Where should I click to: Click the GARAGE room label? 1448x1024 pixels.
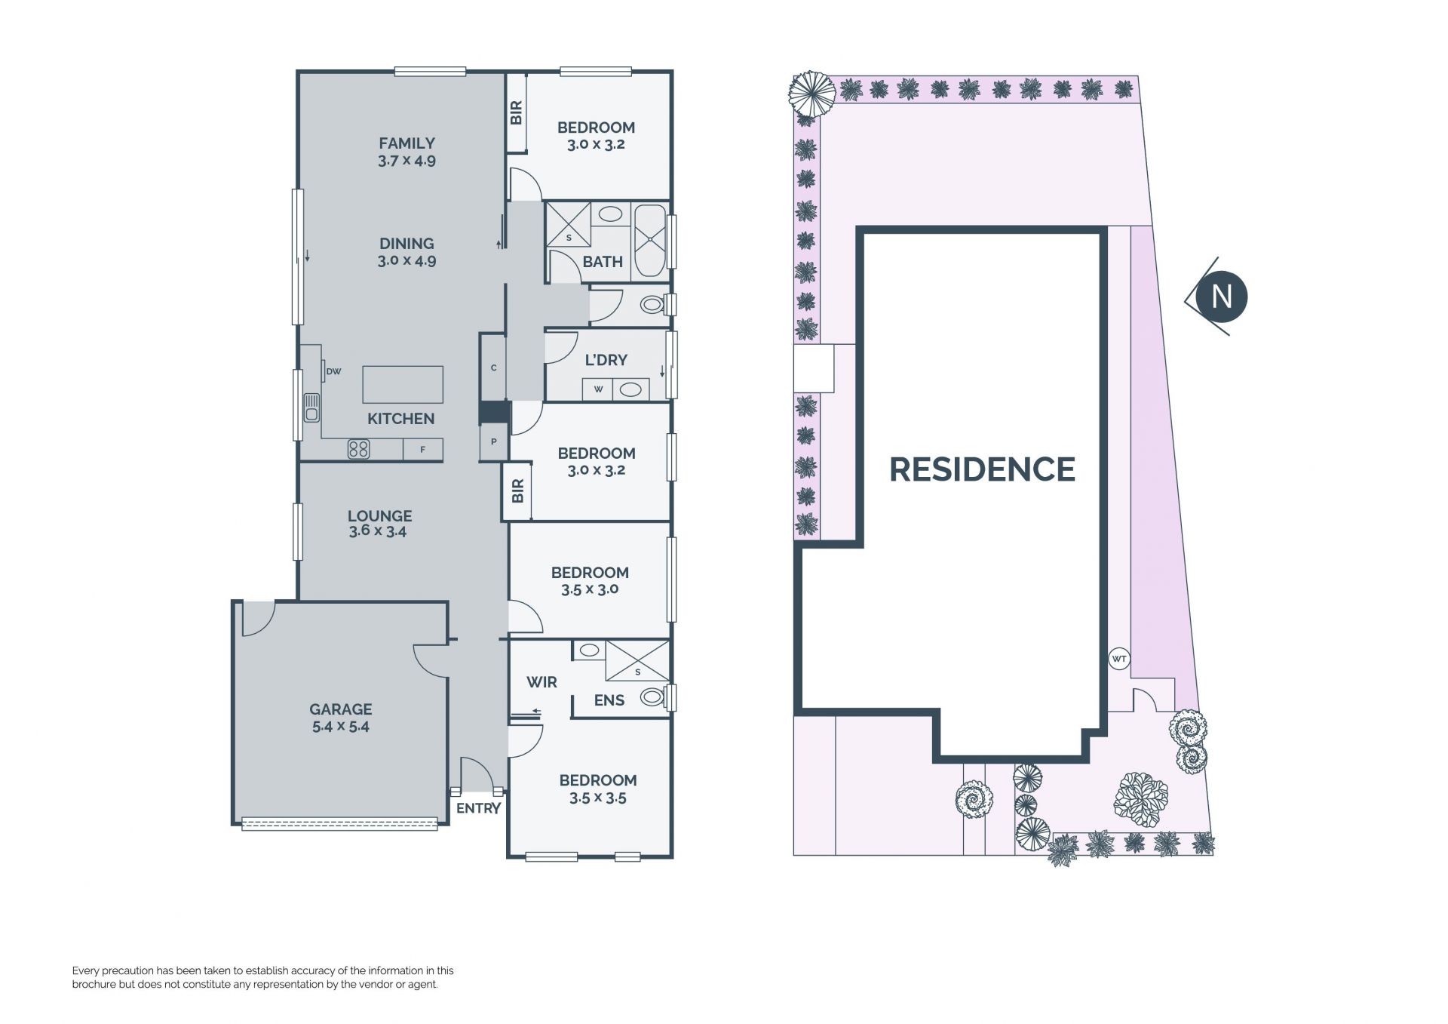click(x=341, y=709)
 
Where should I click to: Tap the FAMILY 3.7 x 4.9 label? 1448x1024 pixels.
click(x=407, y=151)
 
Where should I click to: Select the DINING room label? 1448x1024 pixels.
click(x=406, y=244)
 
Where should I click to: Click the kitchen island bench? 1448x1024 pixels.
click(x=403, y=385)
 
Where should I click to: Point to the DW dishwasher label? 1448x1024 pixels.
click(x=333, y=371)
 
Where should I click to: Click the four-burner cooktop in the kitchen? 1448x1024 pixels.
click(x=358, y=450)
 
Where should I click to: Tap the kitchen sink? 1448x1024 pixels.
click(x=311, y=407)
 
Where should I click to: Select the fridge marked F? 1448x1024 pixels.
click(x=422, y=450)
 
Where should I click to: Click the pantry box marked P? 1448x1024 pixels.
click(x=494, y=442)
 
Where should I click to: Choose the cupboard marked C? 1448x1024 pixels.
click(x=493, y=367)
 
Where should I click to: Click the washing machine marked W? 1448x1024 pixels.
click(x=599, y=389)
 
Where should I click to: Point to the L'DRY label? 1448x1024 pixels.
click(x=606, y=360)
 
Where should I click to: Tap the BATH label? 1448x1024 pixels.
click(x=603, y=262)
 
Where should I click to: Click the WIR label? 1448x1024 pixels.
click(x=541, y=682)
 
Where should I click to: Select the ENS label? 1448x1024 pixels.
click(x=609, y=700)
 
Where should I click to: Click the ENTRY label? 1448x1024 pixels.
click(x=479, y=808)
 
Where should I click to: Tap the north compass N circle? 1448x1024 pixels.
click(x=1222, y=297)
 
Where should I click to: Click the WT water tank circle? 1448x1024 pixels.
click(x=1119, y=659)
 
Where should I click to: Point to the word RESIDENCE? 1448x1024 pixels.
click(x=982, y=469)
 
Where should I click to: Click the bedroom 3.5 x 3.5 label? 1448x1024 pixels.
click(x=598, y=789)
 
